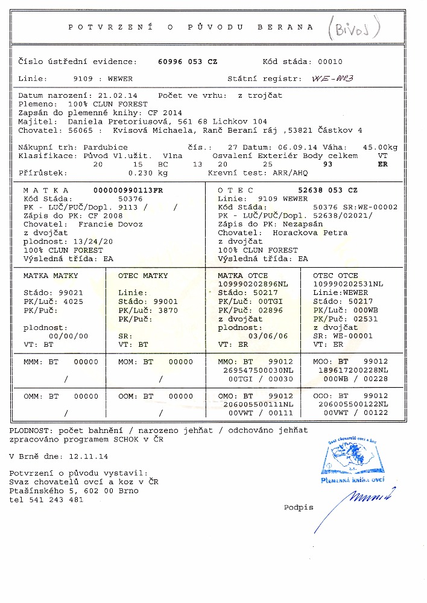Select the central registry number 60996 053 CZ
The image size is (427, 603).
[x=188, y=62]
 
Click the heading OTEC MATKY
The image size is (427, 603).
[x=144, y=276]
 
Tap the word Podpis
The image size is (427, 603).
[x=299, y=507]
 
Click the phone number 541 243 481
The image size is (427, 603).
[x=59, y=499]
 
